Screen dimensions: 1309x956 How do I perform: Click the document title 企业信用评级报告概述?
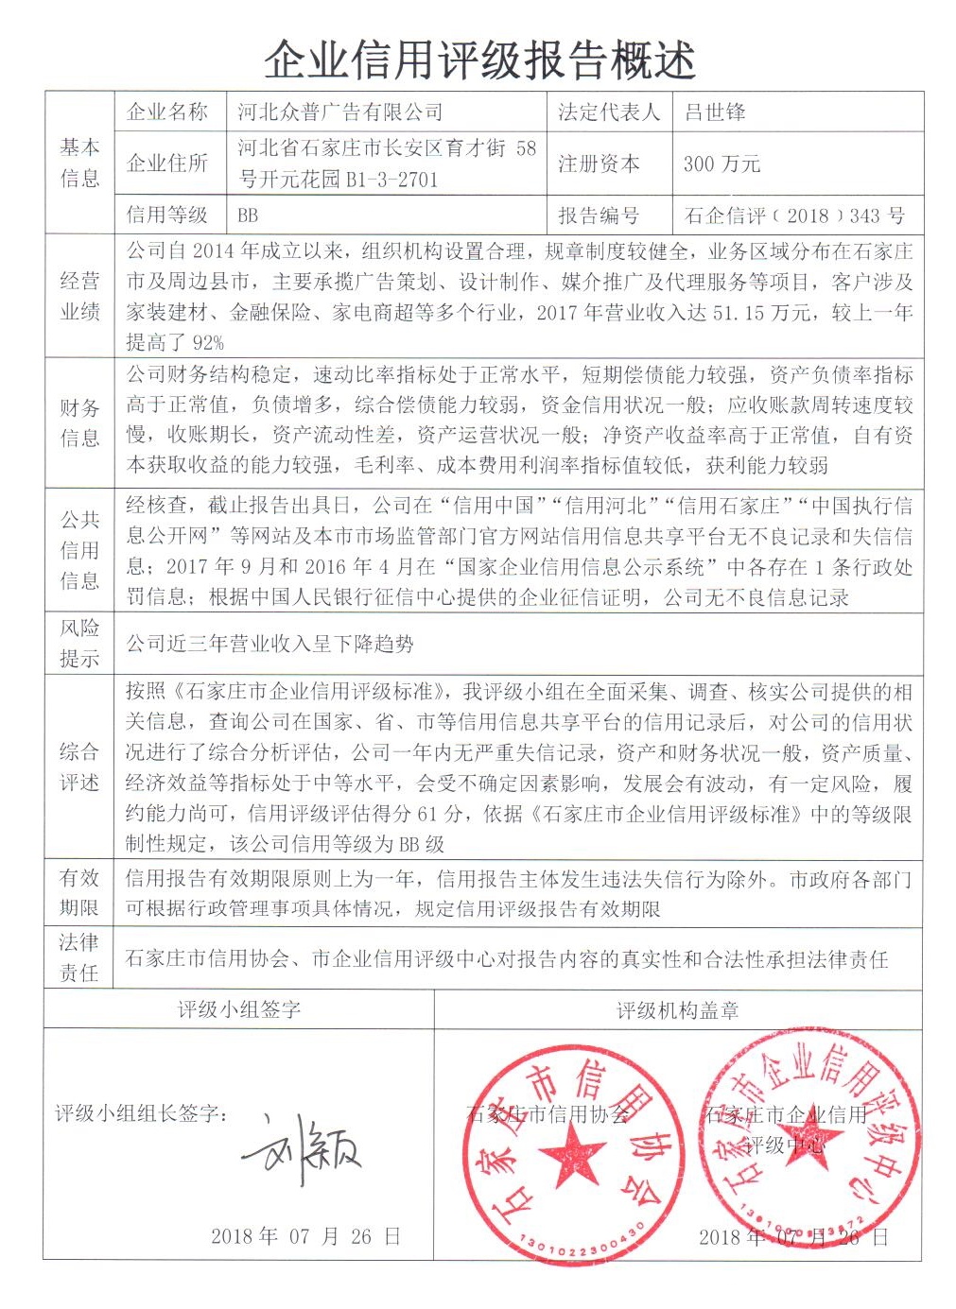(x=479, y=59)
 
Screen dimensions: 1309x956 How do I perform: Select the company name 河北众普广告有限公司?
(x=339, y=112)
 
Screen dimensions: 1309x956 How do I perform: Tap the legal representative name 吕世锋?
(x=715, y=112)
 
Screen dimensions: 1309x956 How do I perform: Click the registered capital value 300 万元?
(x=721, y=164)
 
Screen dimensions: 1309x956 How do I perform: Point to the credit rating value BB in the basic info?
(x=248, y=215)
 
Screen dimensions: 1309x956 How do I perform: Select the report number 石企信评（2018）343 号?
(x=794, y=215)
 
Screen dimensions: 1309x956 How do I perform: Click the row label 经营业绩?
(x=79, y=295)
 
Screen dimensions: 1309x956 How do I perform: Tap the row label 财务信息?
(x=79, y=422)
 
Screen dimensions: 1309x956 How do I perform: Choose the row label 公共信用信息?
(x=79, y=550)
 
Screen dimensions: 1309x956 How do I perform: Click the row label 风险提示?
(x=79, y=643)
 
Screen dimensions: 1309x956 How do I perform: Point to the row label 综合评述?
(x=79, y=766)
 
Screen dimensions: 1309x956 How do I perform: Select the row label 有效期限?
(x=79, y=892)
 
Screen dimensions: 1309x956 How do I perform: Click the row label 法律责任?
(x=79, y=956)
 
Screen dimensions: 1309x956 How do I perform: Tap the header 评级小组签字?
(x=239, y=1009)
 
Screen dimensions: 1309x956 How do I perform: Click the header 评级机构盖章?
(x=677, y=1010)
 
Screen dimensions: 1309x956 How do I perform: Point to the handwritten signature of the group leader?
(x=304, y=1149)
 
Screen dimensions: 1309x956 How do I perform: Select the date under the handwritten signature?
(x=305, y=1235)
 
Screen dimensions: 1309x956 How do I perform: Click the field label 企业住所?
(x=167, y=164)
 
